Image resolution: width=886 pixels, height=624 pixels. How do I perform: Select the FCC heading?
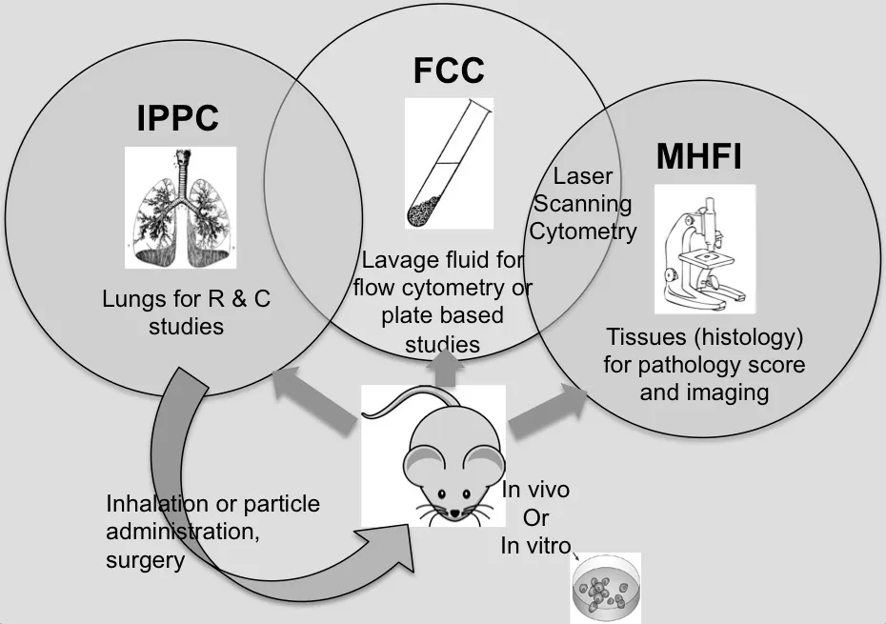448,70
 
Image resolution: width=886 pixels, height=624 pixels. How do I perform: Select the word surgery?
145,561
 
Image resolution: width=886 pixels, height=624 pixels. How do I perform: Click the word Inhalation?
152,503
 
